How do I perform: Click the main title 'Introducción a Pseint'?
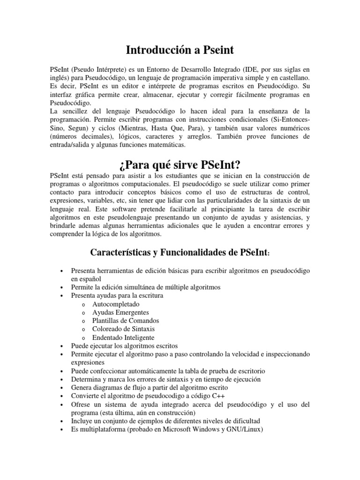180,50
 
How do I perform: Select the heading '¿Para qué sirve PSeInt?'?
180,165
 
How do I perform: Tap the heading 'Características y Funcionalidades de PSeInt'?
180,253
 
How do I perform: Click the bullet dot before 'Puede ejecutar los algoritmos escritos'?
62,346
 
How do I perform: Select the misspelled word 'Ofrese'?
80,404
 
